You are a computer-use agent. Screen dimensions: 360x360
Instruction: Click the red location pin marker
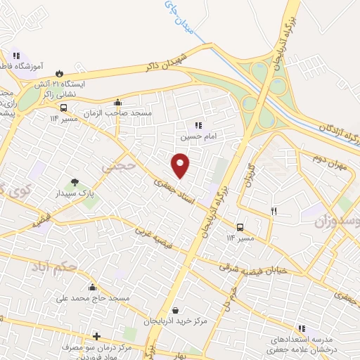click(181, 165)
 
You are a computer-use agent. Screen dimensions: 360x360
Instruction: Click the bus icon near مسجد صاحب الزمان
click(64, 108)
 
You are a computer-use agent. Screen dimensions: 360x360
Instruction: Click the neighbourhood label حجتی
click(117, 168)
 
